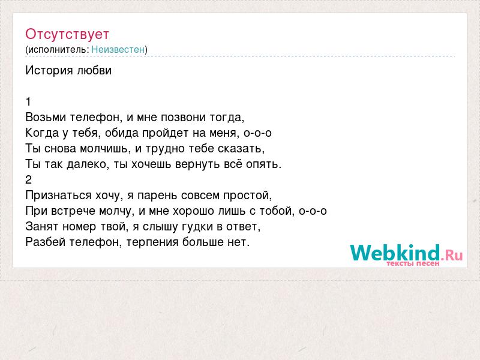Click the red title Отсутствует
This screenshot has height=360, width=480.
(67, 34)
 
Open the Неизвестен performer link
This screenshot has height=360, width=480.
(118, 49)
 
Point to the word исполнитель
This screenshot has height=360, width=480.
(57, 50)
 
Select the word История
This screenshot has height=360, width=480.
(49, 70)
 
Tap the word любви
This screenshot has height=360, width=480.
(94, 70)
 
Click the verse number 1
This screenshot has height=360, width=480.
(28, 101)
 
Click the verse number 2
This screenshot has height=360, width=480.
(28, 179)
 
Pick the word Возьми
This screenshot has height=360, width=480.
(46, 117)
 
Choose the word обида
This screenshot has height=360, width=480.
(122, 133)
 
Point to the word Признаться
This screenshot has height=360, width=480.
(58, 196)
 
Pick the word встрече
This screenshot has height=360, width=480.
(73, 211)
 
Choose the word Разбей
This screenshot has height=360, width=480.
(45, 242)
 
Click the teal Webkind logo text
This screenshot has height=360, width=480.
(395, 253)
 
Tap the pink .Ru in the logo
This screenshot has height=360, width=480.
(452, 254)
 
